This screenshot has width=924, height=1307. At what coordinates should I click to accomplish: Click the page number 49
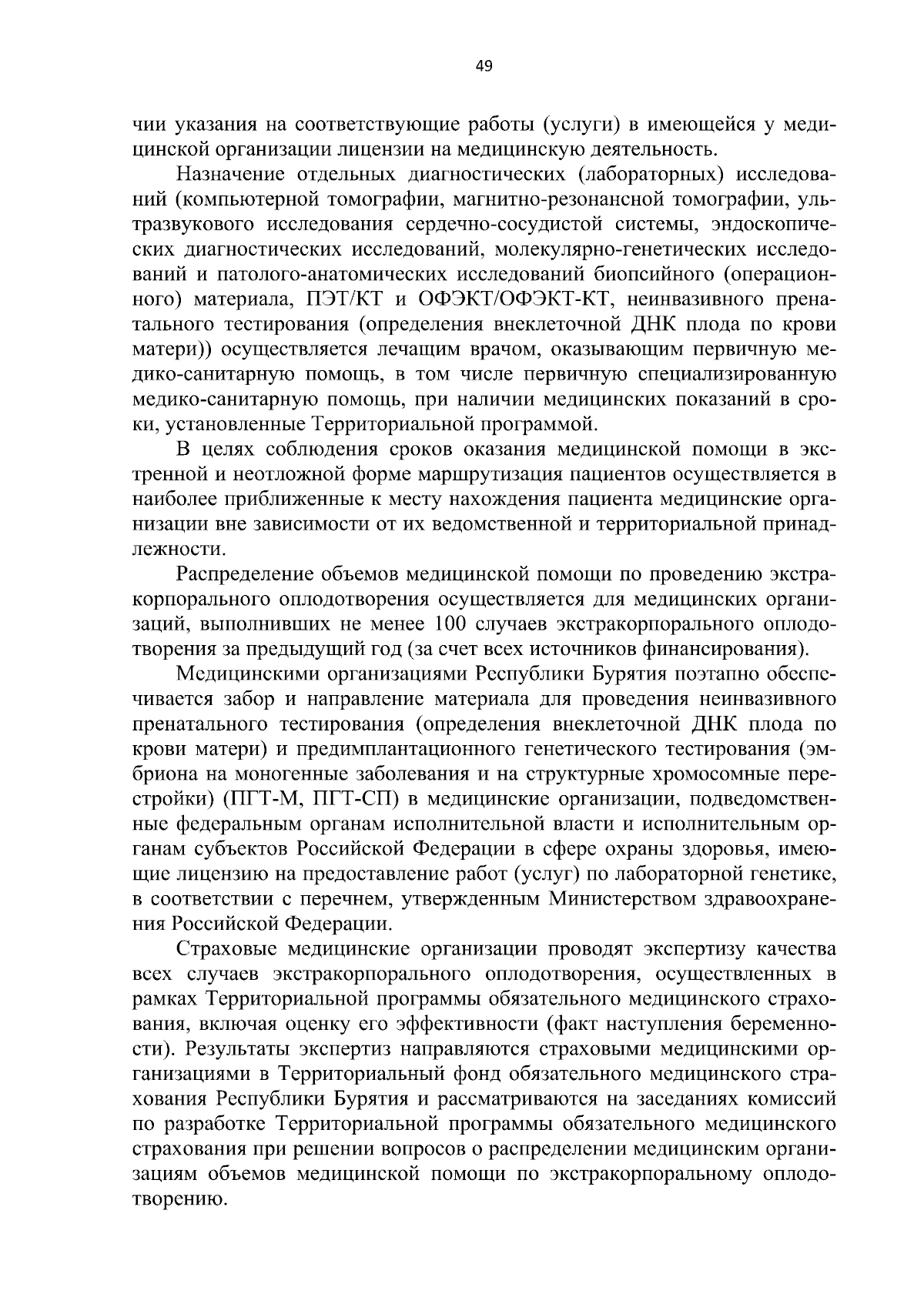484,66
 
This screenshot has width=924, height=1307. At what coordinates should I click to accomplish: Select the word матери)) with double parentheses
172,348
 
